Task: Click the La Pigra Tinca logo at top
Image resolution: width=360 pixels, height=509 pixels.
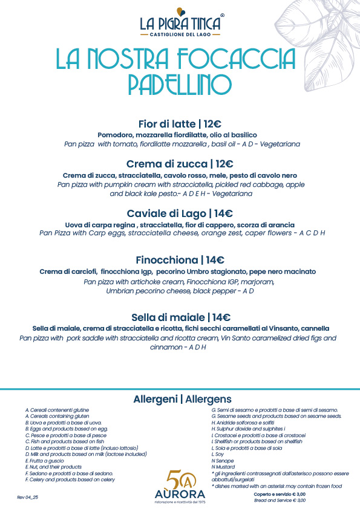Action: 180,23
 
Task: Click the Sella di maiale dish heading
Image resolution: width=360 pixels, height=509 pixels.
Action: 168,317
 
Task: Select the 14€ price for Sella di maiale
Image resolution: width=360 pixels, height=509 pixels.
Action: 220,317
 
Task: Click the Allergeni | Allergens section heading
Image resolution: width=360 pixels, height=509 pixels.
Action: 182,399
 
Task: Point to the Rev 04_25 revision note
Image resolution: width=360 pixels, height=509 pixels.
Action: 28,496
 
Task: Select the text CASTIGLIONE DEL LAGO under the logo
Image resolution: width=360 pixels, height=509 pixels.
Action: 180,34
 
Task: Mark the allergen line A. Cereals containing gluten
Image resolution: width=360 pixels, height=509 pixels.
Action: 57,416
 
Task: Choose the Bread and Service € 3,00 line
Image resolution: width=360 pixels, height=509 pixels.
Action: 280,501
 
